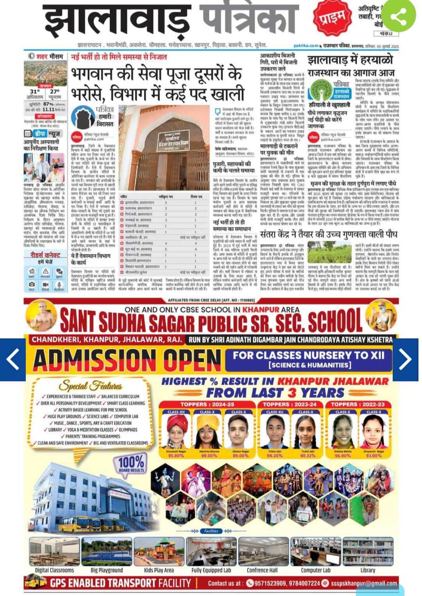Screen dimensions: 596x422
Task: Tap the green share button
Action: coord(398,16)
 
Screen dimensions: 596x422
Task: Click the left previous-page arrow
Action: coord(13,359)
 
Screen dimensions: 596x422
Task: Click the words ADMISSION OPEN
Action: coord(127,360)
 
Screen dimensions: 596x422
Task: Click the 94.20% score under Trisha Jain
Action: coord(275,455)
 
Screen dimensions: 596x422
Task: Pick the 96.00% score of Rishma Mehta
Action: coord(343,455)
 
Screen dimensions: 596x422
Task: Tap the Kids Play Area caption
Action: coord(159,570)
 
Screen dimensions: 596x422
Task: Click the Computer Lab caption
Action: coord(315,570)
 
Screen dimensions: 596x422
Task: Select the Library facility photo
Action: coord(368,551)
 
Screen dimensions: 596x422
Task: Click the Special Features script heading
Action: coord(91,386)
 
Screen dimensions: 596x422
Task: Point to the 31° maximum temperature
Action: coord(35,92)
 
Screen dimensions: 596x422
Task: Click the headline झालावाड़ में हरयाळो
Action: coord(350,60)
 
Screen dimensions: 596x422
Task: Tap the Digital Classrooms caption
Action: coord(54,570)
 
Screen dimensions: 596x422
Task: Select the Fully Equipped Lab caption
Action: coord(211,570)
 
